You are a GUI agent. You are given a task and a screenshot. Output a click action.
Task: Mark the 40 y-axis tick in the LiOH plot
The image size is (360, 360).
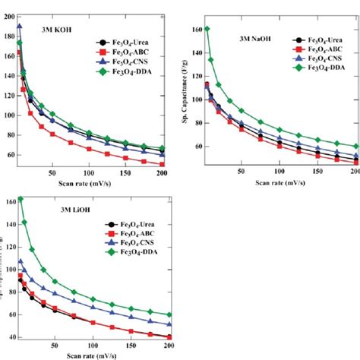coord(9,336)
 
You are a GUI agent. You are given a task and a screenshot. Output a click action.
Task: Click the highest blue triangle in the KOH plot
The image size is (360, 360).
coord(19,26)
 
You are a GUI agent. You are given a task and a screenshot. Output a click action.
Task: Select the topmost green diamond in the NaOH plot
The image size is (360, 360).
coord(207,30)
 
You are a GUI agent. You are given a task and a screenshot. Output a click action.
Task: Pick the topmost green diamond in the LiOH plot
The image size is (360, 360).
coord(21,199)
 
